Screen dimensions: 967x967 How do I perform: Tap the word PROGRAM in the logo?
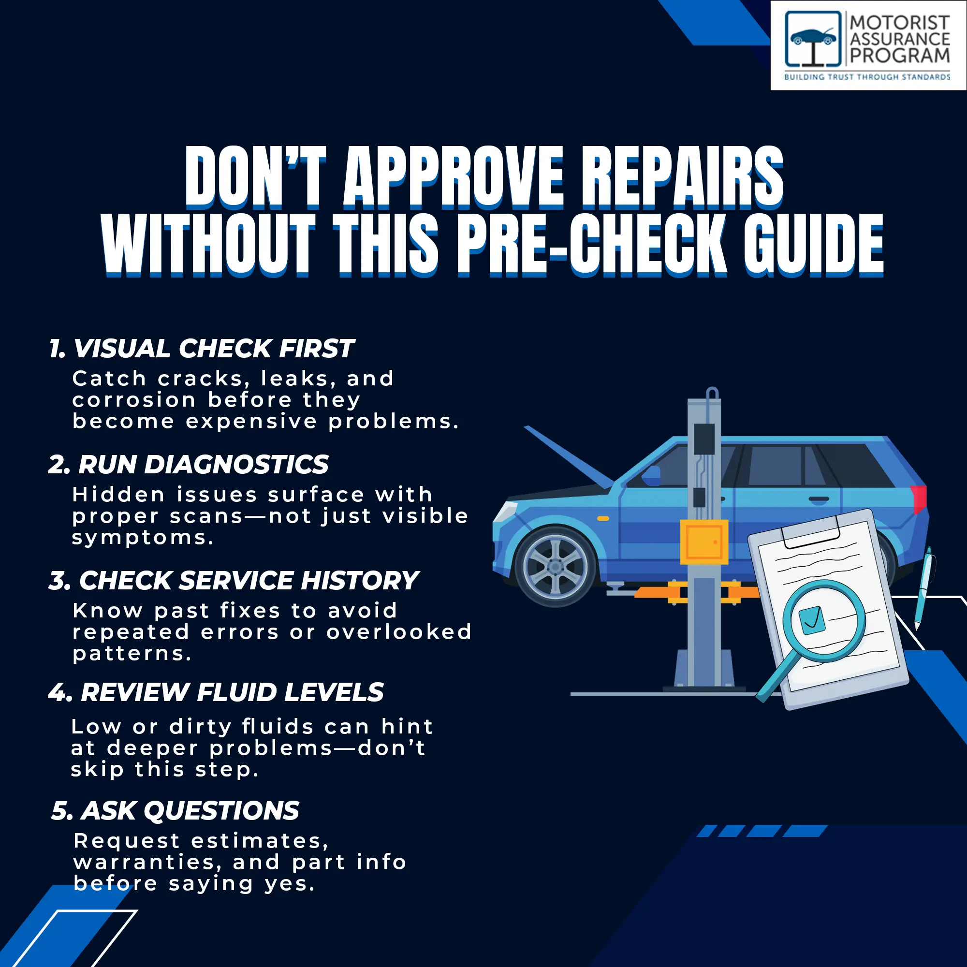pos(899,55)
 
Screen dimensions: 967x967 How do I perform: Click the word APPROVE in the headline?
pos(454,177)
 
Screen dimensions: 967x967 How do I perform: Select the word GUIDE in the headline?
pos(813,245)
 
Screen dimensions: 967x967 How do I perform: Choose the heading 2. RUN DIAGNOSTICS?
pos(189,465)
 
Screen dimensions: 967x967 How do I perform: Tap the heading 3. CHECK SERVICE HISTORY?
pos(234,581)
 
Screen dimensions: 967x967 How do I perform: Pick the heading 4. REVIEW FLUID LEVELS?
pos(216,692)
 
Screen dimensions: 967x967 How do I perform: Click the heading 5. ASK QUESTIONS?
pos(175,810)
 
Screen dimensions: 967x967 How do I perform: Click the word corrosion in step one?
pos(134,400)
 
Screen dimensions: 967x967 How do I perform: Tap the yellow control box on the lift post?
pos(703,542)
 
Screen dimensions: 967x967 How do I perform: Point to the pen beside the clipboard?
pos(923,588)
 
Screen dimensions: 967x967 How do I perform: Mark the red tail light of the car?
pos(920,499)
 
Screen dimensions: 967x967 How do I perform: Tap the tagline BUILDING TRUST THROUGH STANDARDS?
pos(867,77)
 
